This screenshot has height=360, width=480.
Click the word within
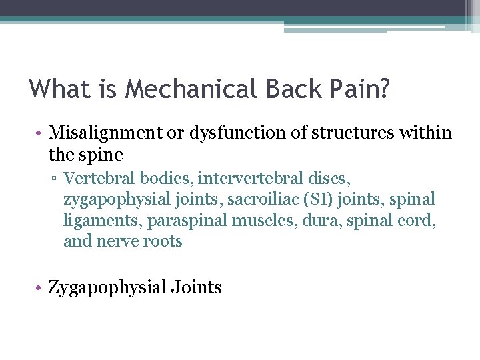tap(427, 133)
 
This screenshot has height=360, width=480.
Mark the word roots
tap(163, 241)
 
